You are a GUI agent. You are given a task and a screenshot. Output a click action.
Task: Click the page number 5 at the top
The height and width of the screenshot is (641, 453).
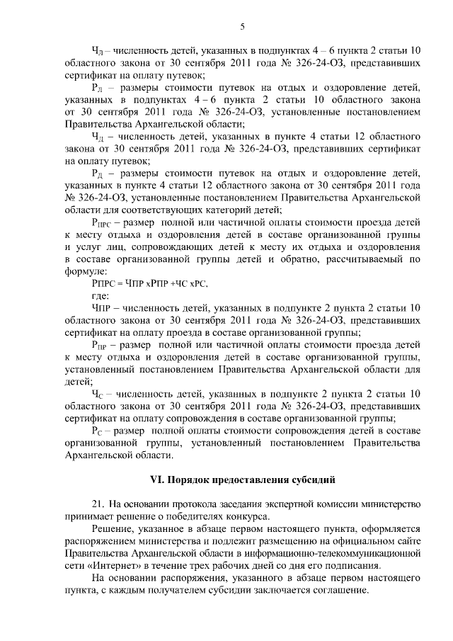[242, 28]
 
